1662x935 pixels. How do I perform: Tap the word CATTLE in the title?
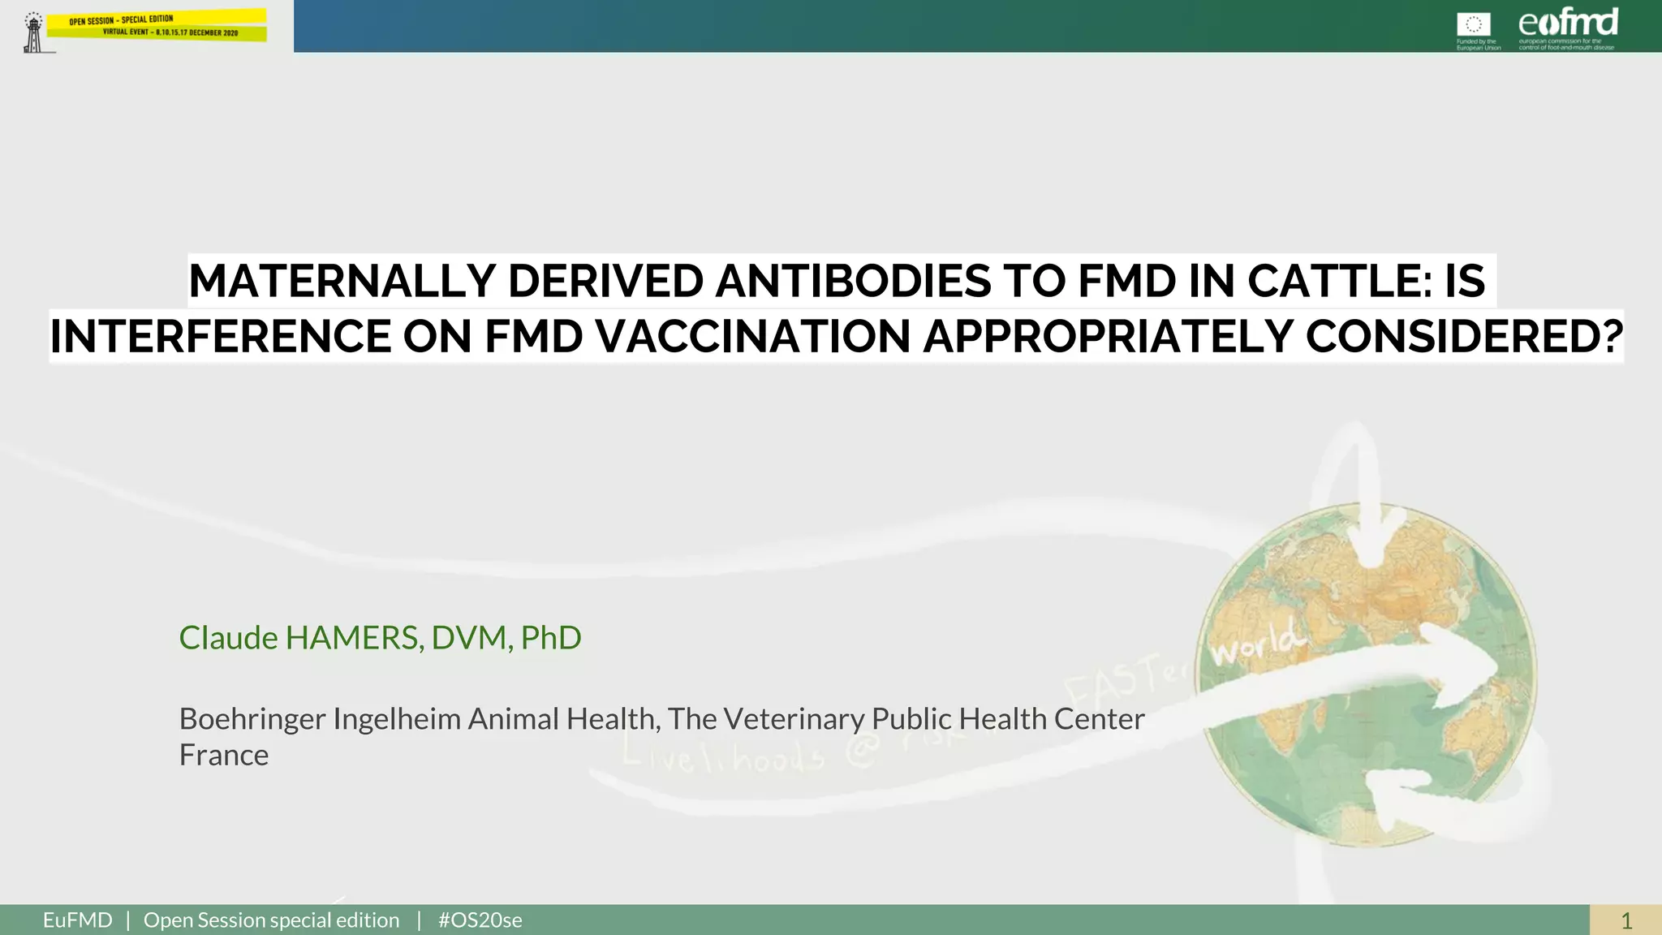1334,282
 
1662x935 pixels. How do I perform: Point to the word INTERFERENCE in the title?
218,337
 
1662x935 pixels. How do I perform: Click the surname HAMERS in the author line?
353,638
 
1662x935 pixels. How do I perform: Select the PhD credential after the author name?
551,638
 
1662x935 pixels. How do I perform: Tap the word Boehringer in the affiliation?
252,719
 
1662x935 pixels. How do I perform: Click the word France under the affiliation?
224,756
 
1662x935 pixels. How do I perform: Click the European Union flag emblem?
1474,24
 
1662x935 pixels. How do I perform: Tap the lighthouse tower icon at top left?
33,33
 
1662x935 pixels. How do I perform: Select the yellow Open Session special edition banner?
157,25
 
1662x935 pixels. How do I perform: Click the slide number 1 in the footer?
1625,920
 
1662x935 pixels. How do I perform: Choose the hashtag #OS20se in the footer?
480,920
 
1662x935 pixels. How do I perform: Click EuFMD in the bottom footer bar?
78,920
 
